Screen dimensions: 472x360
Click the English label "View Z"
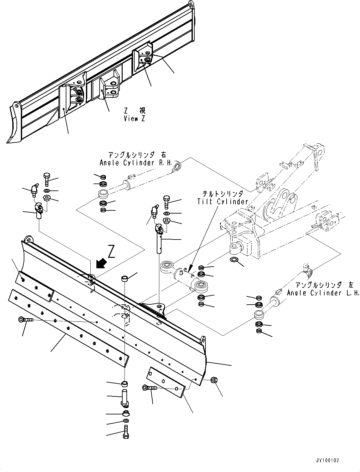click(x=135, y=119)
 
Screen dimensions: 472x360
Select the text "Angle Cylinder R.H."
click(x=136, y=163)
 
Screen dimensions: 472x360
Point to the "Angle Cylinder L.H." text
click(x=323, y=293)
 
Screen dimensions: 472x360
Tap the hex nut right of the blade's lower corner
click(x=213, y=380)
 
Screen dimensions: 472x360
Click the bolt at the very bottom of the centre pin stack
click(x=125, y=432)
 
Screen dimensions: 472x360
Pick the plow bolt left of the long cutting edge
click(x=26, y=320)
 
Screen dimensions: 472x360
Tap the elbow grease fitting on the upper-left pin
click(x=34, y=189)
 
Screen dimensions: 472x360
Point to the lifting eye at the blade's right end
click(x=203, y=342)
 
